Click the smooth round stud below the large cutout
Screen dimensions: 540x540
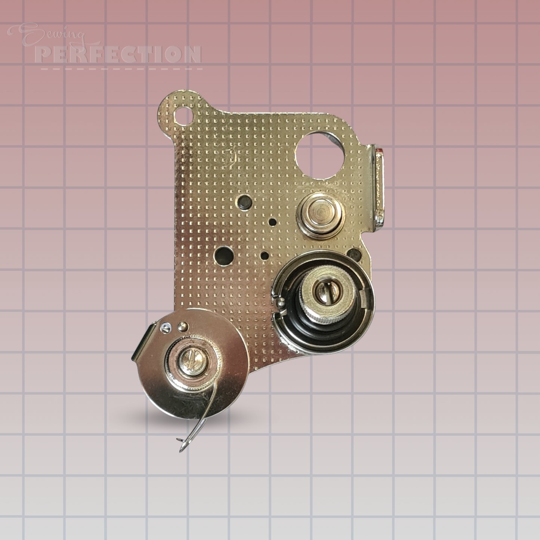(x=320, y=213)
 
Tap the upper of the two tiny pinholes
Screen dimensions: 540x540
(x=273, y=222)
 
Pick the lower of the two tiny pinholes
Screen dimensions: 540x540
(x=265, y=256)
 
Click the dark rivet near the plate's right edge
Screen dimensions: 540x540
(x=352, y=254)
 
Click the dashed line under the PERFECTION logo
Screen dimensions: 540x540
(x=121, y=69)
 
